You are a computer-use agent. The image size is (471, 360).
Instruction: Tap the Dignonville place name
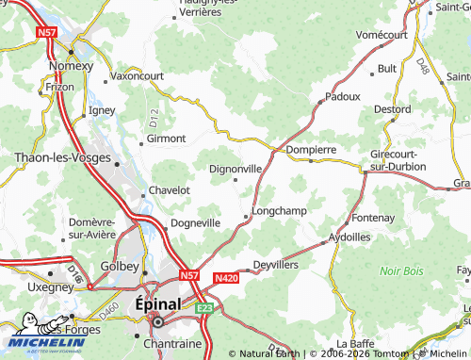click(235, 169)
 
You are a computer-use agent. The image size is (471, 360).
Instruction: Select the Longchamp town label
click(280, 210)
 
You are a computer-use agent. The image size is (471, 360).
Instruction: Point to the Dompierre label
click(311, 149)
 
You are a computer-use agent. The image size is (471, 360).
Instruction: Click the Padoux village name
click(343, 96)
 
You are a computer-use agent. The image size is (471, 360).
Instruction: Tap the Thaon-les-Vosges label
click(61, 159)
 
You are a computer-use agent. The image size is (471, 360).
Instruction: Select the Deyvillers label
click(278, 265)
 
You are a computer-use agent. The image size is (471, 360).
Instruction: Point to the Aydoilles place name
click(349, 237)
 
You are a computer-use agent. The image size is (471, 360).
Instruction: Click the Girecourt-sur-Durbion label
click(398, 159)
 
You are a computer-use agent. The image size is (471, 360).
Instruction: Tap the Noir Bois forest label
click(402, 270)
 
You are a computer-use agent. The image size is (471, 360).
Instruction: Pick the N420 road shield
click(226, 279)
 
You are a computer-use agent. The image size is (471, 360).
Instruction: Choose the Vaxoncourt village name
click(138, 75)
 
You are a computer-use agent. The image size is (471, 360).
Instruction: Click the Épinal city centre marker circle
click(158, 321)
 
